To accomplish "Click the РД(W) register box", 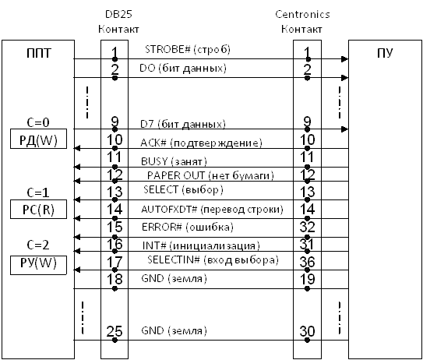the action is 39,139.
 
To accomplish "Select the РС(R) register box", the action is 39,209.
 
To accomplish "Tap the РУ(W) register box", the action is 39,265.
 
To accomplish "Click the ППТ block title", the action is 39,53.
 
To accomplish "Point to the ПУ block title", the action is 385,53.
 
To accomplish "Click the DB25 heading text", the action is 118,14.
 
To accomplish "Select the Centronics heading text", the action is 302,14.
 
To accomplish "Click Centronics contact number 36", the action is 307,262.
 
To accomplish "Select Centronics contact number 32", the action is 307,227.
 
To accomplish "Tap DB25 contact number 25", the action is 115,331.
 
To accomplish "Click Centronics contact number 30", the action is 307,331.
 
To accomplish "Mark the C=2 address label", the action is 38,245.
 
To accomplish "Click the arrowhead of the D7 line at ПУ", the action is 345,129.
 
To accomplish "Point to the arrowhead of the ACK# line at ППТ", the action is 77,148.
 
